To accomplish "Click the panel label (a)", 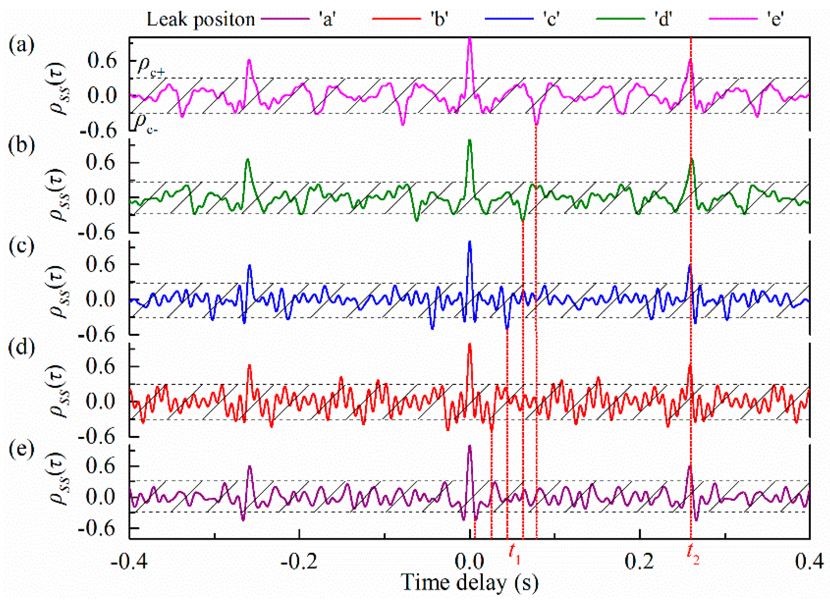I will click(x=22, y=46).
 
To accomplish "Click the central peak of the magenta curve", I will click(x=469, y=40).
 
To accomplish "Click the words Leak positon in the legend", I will click(x=200, y=19).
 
